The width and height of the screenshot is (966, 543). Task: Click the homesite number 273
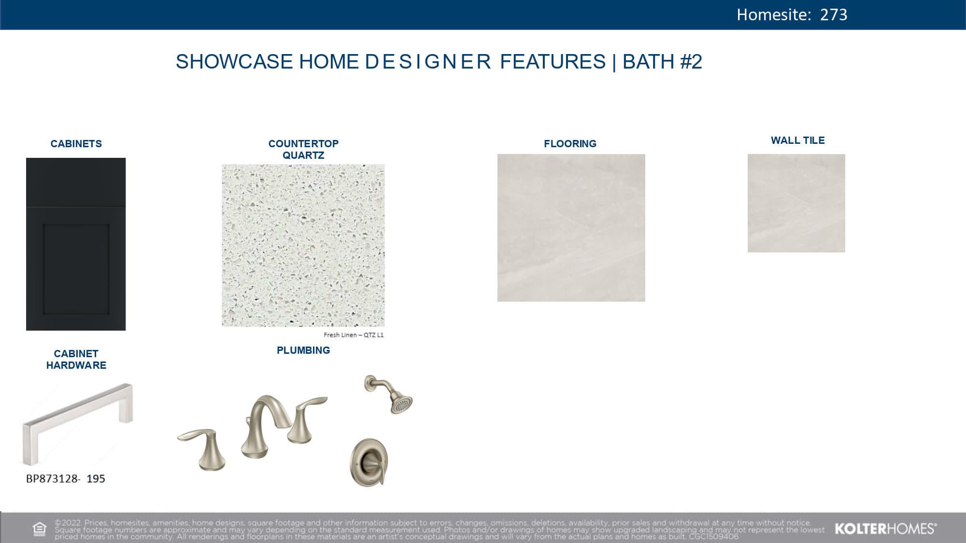[834, 14]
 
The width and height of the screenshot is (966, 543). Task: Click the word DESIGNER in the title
[428, 62]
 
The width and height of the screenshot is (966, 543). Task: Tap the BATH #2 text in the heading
[662, 62]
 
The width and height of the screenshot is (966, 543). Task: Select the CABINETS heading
[76, 144]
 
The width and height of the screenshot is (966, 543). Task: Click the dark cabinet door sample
[76, 244]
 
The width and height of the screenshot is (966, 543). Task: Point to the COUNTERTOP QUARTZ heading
[303, 150]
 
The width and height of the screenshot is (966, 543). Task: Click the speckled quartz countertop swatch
[303, 245]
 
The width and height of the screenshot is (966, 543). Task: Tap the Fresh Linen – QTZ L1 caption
[354, 335]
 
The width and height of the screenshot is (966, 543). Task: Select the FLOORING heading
[570, 144]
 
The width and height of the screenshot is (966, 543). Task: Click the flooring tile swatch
[571, 228]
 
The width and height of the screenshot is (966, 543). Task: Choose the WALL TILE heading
[798, 140]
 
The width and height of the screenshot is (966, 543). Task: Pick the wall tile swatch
[796, 203]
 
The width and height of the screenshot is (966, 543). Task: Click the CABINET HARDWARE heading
[76, 360]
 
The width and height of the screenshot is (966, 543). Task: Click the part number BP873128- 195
[66, 479]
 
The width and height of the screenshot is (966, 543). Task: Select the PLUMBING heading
[303, 350]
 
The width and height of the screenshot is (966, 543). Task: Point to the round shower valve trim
[369, 462]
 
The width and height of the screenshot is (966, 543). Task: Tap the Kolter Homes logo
[886, 529]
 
